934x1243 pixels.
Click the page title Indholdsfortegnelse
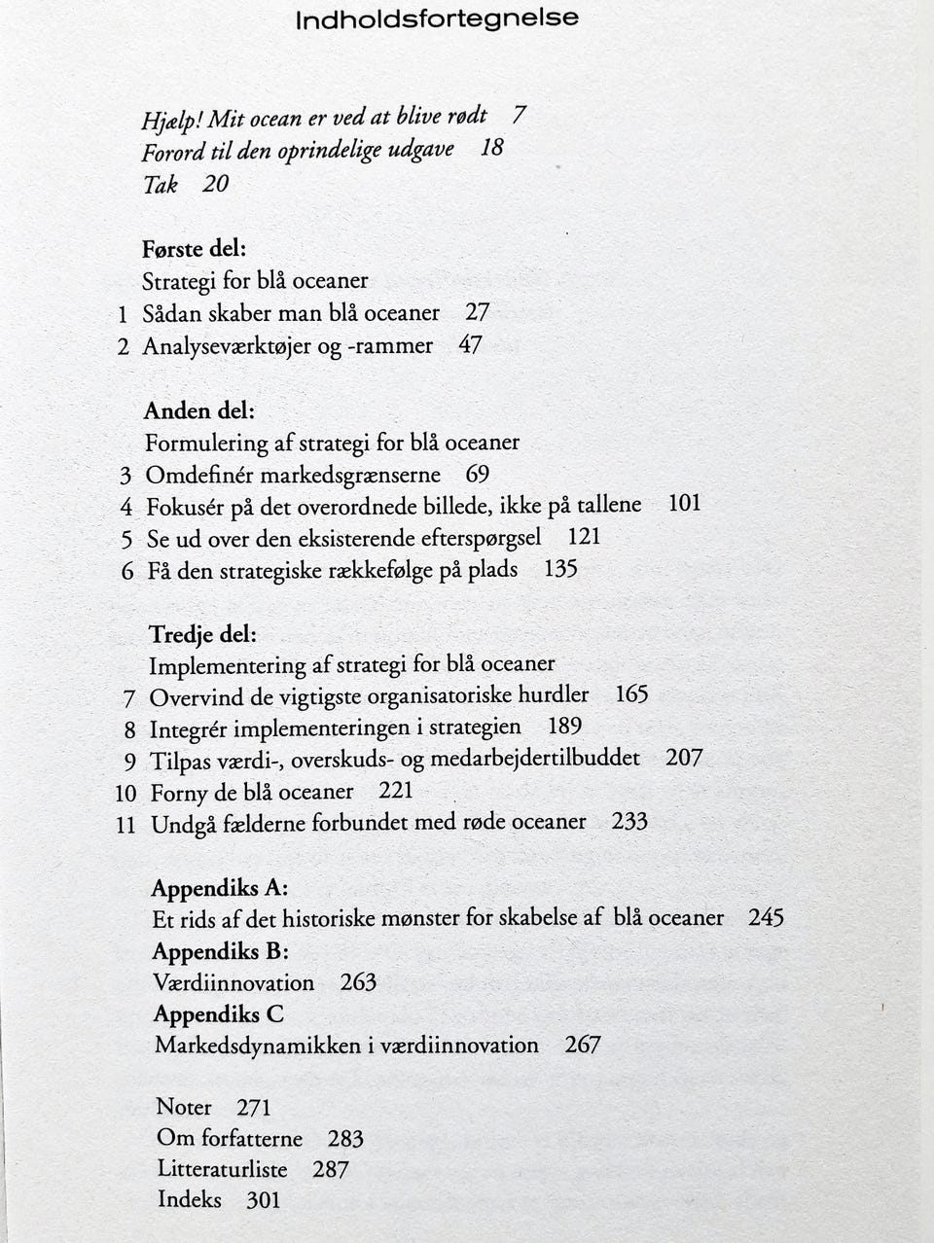(x=437, y=18)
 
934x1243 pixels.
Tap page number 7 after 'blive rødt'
(x=520, y=115)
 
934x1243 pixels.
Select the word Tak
(x=161, y=184)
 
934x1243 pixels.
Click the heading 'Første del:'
(x=194, y=249)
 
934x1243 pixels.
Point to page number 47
(x=470, y=345)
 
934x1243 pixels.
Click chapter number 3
(x=126, y=476)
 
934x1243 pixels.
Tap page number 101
(x=684, y=504)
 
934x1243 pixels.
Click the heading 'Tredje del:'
(x=202, y=634)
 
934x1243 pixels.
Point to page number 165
(x=631, y=694)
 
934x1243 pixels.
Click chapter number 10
(x=126, y=793)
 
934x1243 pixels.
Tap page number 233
(x=629, y=822)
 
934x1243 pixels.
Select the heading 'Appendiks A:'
(x=220, y=887)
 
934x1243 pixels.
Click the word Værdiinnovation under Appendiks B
(x=233, y=982)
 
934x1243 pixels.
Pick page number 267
(x=582, y=1045)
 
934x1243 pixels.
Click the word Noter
(x=184, y=1107)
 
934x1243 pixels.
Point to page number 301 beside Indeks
(x=263, y=1200)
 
